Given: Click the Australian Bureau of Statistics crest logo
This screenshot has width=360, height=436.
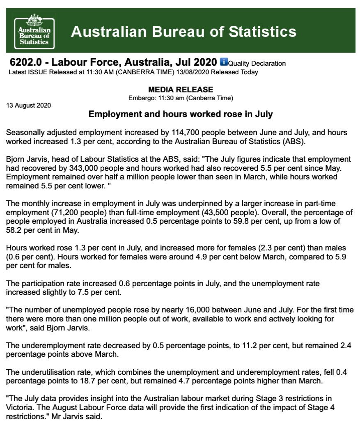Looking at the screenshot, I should pyautogui.click(x=34, y=31).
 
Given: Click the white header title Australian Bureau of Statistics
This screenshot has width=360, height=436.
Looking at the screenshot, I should pyautogui.click(x=183, y=32).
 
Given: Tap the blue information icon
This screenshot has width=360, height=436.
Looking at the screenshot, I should pyautogui.click(x=223, y=62).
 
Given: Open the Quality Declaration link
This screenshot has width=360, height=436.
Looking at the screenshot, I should pyautogui.click(x=257, y=64).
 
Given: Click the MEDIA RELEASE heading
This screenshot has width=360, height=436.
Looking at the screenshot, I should pyautogui.click(x=180, y=89).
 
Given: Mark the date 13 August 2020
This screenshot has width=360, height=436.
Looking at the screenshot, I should pyautogui.click(x=28, y=106).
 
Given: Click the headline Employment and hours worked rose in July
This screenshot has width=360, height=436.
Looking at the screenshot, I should pyautogui.click(x=181, y=114).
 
